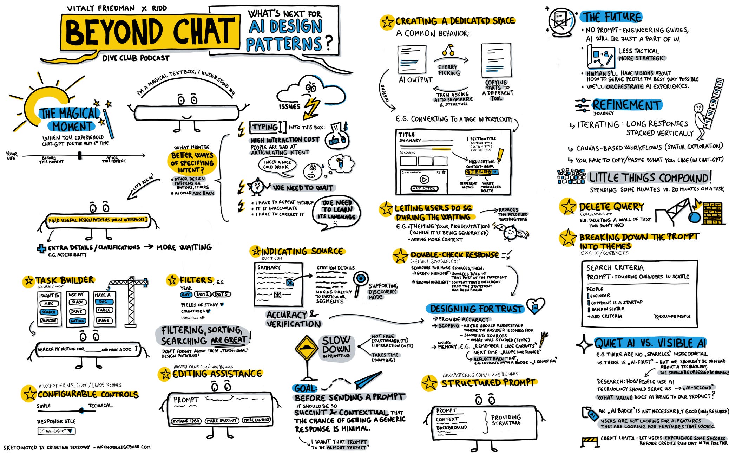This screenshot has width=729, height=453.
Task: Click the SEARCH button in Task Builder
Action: coord(49,312)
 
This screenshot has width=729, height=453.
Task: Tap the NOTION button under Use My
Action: coord(77,321)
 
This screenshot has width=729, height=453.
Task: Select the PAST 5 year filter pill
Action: coord(222,294)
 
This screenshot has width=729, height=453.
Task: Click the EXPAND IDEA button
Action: coord(186,421)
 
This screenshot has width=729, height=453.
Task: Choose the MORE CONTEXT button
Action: coord(256,420)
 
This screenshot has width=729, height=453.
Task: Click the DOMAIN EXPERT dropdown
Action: coord(56,431)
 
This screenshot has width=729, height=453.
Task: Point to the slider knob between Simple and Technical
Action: coord(81,410)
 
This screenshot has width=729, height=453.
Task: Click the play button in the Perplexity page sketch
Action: coord(424,180)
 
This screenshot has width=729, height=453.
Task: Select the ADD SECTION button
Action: coord(424,188)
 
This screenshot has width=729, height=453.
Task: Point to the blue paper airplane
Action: coord(367,380)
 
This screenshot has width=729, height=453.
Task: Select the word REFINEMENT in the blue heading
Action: coord(626,105)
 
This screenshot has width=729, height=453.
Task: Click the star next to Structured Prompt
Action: coord(429,383)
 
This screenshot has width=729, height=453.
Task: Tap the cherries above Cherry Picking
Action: coord(448,51)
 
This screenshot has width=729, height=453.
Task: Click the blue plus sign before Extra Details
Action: coord(41,248)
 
